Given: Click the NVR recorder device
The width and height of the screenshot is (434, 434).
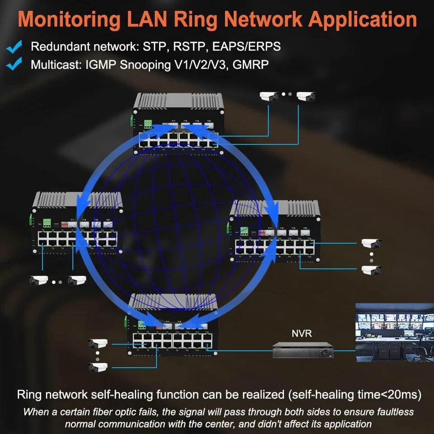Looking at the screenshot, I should [302, 350].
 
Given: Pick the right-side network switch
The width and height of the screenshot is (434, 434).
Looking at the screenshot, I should [276, 232].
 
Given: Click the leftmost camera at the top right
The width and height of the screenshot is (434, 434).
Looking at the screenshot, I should [269, 96].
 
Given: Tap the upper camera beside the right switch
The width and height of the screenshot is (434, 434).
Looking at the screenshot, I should [371, 244].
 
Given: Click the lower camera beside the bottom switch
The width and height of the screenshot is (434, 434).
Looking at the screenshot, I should [98, 367].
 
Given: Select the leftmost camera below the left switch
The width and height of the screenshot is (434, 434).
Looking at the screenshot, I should [38, 281].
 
